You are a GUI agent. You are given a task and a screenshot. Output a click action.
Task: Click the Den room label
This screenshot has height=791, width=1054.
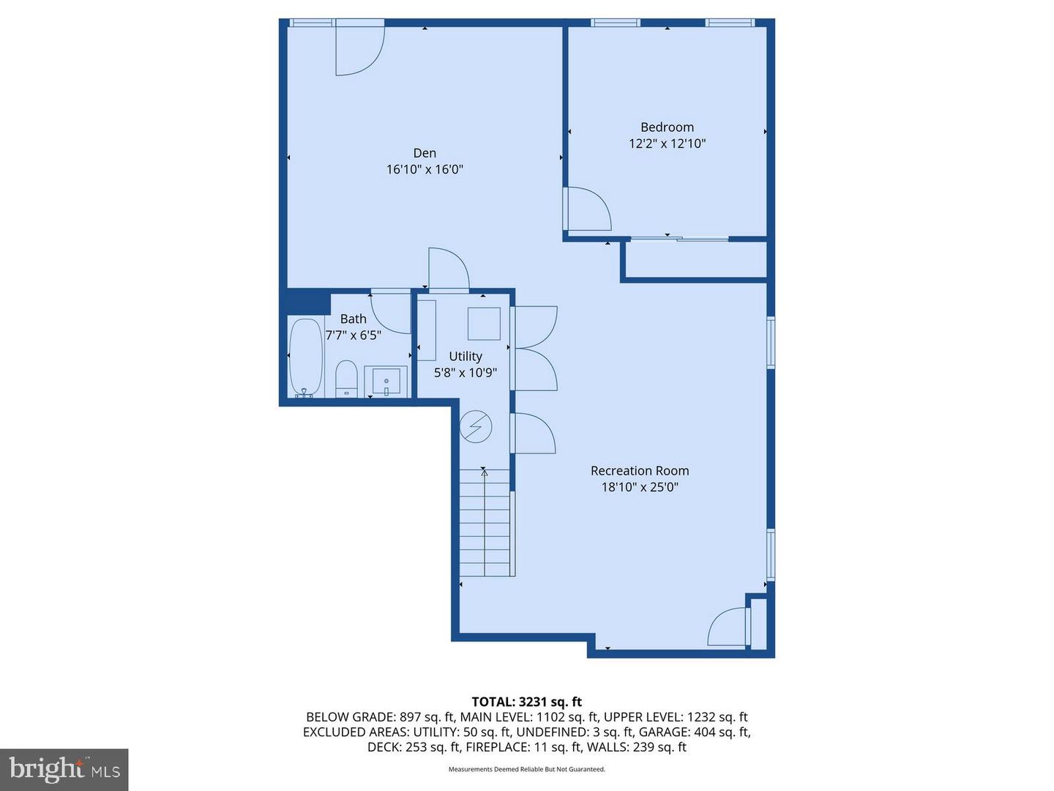[425, 153]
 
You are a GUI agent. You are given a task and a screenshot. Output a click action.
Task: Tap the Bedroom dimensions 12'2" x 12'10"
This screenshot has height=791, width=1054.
[667, 144]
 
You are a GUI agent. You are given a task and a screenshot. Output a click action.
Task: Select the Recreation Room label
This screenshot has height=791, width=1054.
[640, 471]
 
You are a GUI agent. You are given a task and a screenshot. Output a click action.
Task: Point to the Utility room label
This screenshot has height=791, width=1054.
[466, 357]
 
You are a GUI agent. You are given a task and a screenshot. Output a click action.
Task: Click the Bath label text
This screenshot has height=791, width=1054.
[353, 319]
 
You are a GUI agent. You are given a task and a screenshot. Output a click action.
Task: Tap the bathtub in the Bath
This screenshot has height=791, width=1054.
[305, 357]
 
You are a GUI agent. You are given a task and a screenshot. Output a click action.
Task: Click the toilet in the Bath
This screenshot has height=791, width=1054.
[346, 379]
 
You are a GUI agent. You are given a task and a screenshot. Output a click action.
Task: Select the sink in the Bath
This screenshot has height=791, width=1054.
[386, 382]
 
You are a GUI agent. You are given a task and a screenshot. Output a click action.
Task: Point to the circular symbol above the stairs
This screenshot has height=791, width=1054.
[476, 426]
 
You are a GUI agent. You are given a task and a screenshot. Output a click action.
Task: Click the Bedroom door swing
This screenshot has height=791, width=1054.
[588, 209]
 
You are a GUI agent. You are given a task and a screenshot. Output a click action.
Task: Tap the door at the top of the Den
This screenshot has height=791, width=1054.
[359, 50]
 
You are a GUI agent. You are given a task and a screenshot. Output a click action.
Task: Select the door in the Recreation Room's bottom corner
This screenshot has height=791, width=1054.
[728, 628]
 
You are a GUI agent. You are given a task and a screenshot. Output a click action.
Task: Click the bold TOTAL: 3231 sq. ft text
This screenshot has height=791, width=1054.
[526, 702]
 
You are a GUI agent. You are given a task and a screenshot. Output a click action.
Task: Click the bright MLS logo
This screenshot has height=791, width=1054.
[64, 769]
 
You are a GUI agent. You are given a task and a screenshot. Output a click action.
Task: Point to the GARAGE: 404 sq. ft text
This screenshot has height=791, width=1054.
[695, 732]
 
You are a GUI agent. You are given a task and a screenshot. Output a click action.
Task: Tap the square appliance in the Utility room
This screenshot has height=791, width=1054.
[484, 324]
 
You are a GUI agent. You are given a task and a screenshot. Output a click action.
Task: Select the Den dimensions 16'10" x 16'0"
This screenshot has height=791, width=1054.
[425, 170]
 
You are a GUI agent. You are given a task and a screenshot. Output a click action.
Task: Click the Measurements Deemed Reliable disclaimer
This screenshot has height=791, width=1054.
[526, 770]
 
